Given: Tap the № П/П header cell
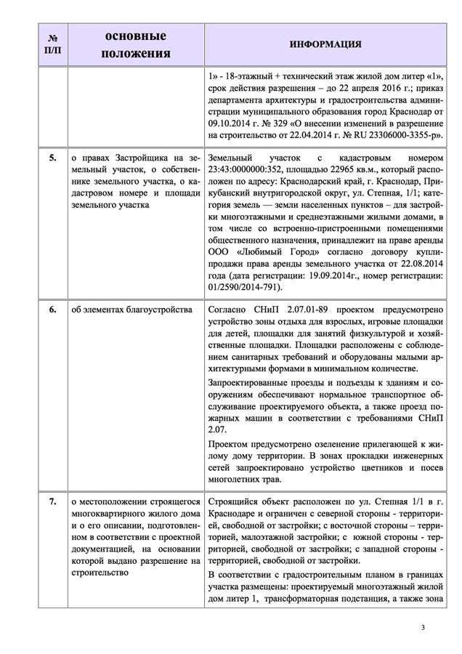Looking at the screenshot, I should click(x=52, y=44).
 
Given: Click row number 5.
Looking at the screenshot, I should click(x=52, y=158).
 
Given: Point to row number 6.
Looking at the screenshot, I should click(x=52, y=310).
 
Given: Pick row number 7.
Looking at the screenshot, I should click(x=52, y=501).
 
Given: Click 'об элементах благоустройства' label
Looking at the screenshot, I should click(x=131, y=310).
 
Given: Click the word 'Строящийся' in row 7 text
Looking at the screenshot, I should click(x=235, y=501).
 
